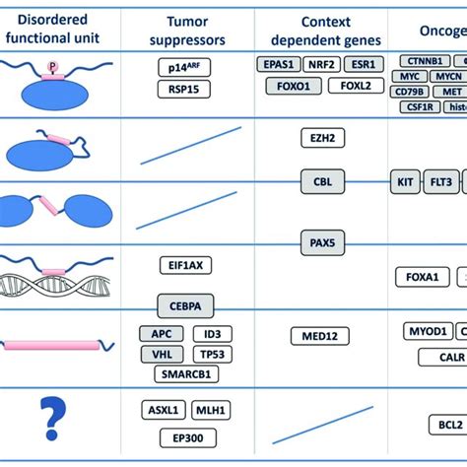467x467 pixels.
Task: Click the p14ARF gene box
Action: (x=186, y=67)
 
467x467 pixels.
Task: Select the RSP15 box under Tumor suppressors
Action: (x=186, y=90)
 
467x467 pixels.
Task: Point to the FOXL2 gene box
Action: (x=350, y=86)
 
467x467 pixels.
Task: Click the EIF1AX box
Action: (x=186, y=265)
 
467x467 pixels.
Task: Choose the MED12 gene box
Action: (x=319, y=337)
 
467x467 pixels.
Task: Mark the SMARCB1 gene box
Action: (x=186, y=374)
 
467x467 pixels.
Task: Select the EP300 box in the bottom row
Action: (x=186, y=436)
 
